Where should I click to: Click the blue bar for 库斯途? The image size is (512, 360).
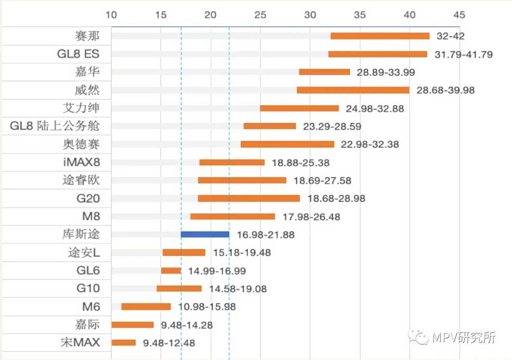pos(205,234)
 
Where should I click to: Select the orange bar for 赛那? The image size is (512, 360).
pos(380,36)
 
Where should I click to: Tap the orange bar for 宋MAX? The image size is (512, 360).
pos(123,342)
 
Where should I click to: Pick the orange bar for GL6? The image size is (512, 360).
pos(171,270)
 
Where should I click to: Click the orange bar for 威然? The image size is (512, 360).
pos(353,90)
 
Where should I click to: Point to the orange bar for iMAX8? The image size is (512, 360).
pos(232,162)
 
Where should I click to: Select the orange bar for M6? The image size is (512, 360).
pos(146,306)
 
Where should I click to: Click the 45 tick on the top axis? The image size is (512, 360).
pos(459,15)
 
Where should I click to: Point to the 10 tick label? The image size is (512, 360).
pos(111,15)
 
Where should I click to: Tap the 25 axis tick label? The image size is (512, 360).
pos(260,15)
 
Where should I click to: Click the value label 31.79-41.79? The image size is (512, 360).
pos(464,55)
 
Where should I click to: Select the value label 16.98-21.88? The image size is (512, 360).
pos(265,235)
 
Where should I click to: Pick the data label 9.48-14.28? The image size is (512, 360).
pos(186,325)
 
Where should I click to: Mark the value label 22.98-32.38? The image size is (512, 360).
pos(370,144)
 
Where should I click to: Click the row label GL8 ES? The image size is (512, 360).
pos(78,54)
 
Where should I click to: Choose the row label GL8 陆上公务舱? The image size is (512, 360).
pos(55,126)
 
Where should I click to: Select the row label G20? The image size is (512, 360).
pos(88,198)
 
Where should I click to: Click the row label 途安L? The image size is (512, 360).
pos(84,252)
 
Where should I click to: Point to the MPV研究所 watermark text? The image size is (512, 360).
pos(464,338)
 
